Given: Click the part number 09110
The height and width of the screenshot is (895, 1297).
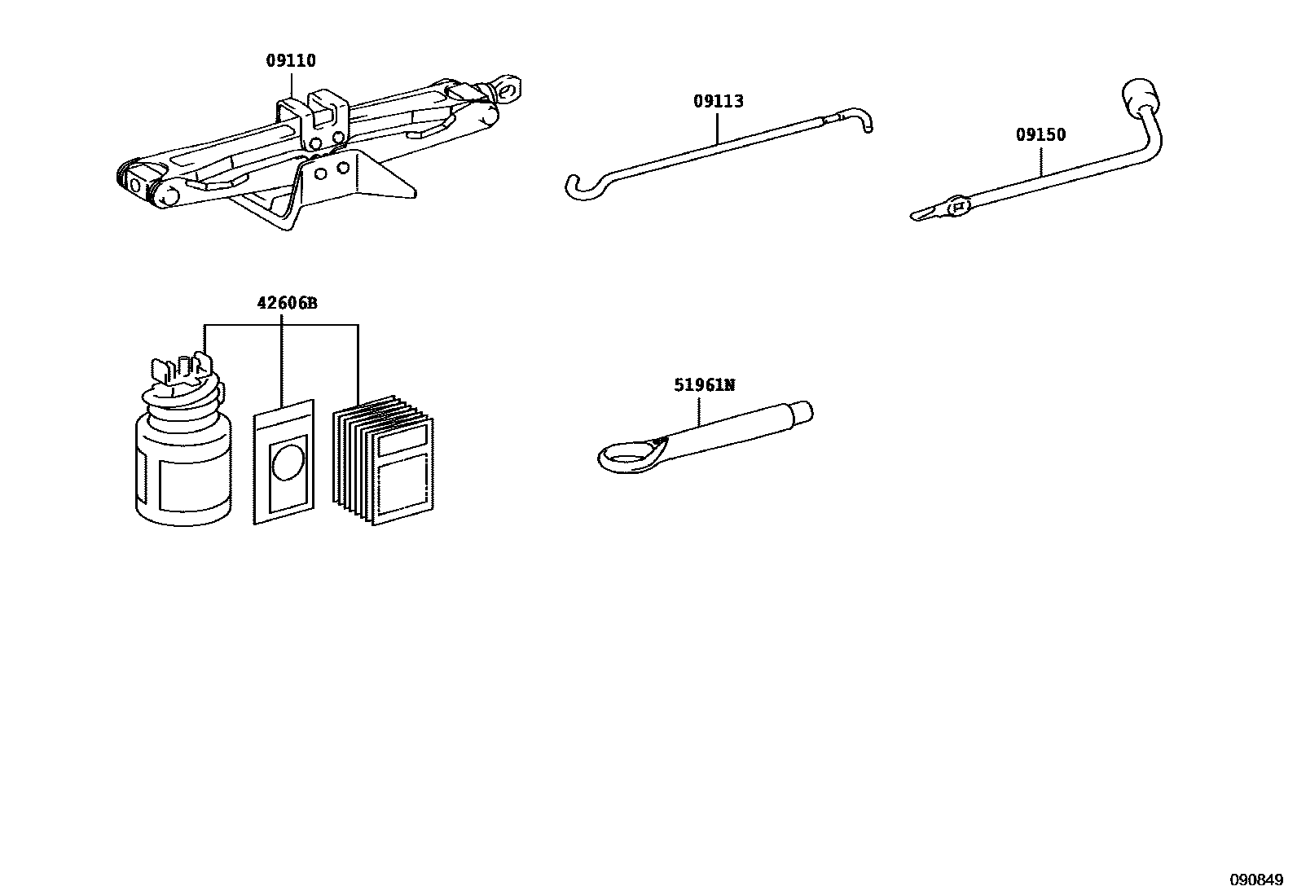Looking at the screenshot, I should pos(291,60).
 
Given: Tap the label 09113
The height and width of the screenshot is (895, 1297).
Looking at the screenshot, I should pos(719,101).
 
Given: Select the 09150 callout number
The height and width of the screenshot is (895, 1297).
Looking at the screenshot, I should pos(1040,135).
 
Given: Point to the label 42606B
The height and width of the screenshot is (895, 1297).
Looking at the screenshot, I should pos(287,303).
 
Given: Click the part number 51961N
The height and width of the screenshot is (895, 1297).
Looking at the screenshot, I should pos(704,384).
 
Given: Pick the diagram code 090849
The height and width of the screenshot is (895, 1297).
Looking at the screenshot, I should pos(1256,880).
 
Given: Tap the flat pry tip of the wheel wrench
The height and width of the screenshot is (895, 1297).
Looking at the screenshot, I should pos(925,214).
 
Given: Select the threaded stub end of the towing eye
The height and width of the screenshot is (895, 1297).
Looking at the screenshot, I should pos(802,412).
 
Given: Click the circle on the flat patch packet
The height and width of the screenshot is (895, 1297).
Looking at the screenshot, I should pos(287,462).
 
